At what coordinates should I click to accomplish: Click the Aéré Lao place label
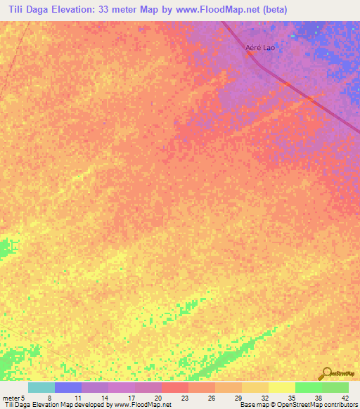click(259, 48)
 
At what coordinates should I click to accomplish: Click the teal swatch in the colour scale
click(41, 387)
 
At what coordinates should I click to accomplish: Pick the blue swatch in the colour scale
click(68, 387)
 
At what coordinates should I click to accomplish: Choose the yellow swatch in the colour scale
click(281, 387)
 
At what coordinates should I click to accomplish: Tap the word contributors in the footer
click(340, 405)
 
